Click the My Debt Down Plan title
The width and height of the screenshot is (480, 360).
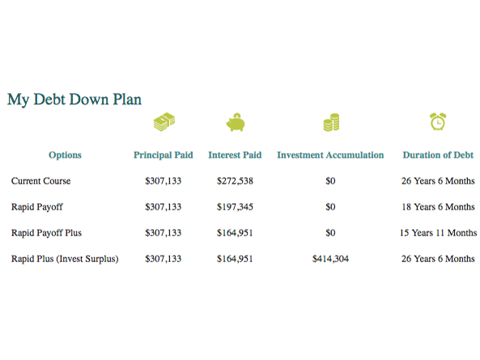coord(74,100)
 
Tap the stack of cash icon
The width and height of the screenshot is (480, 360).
coord(164,121)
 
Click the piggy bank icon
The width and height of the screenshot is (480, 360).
coord(236,122)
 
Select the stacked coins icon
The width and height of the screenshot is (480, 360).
coord(331,122)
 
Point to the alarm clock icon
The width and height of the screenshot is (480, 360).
coord(438,121)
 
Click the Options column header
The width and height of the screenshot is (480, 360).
coord(65,155)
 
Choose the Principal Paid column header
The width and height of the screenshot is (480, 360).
coord(164,155)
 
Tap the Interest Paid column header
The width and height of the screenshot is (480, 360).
coord(235,155)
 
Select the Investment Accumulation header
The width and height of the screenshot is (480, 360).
coord(330,155)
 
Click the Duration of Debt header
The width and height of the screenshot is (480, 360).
coord(438,155)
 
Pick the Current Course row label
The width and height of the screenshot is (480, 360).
coord(40,180)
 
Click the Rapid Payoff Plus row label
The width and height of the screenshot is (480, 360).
coord(46,233)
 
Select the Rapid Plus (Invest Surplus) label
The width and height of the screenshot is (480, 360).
coord(65,259)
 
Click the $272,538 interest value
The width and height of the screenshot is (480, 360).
coord(235,180)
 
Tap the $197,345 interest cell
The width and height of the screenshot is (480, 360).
coord(235,207)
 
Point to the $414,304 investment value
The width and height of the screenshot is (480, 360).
coord(330,259)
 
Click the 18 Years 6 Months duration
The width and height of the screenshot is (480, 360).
coord(438,207)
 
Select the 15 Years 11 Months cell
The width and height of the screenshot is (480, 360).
coord(438,233)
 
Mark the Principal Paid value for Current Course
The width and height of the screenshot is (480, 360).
coord(164,180)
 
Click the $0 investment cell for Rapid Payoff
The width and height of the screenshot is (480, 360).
coord(330,207)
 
